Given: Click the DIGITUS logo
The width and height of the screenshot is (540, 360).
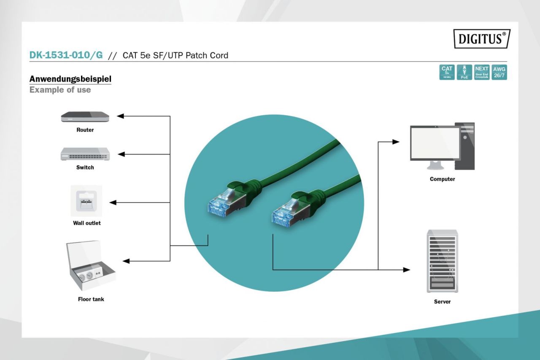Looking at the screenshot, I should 482,38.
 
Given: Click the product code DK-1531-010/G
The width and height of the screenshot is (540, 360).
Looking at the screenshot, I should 66,55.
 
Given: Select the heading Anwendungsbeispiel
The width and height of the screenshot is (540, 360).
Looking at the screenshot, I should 70,79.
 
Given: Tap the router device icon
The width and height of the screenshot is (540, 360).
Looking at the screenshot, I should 85,117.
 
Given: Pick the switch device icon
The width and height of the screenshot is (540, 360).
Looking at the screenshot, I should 85,154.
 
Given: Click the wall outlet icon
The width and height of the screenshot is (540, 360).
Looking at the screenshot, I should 86,200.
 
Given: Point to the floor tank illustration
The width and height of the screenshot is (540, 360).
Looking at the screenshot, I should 90,266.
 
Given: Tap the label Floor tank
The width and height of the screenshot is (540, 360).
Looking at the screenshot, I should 91,299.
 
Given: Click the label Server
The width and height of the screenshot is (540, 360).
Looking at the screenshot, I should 442,302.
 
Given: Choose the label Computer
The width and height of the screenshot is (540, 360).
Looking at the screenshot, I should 442,179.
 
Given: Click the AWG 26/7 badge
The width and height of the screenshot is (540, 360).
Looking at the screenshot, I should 499,72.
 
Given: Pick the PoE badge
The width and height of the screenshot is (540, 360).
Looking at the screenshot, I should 464,72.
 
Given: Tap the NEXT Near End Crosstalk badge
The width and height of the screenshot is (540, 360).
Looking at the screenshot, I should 482,72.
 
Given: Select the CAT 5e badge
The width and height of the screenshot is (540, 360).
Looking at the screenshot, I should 447,72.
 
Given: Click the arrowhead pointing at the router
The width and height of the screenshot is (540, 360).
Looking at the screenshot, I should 120,116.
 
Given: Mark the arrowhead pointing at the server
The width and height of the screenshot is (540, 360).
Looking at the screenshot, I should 407,270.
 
